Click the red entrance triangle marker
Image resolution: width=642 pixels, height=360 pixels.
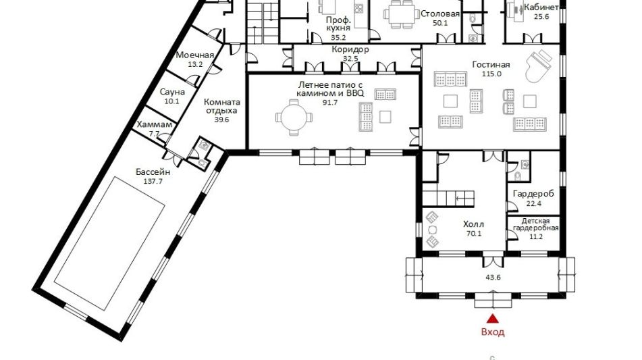tap(493, 318)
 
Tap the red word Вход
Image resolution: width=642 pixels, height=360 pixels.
tap(493, 332)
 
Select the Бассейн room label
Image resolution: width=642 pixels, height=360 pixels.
tap(153, 172)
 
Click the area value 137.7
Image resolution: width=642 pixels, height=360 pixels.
tap(153, 182)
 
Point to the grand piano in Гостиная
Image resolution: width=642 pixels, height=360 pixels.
tap(539, 66)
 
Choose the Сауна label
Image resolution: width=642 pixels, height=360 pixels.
tap(172, 92)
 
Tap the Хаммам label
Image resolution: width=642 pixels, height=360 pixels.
tap(155, 124)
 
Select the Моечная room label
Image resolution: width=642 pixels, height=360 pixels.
tap(195, 55)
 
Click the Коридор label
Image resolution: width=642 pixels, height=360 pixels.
tap(350, 49)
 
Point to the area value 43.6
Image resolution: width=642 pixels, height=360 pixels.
tap(493, 278)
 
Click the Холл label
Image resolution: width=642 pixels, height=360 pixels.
tap(473, 224)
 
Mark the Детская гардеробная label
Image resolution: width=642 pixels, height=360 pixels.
tap(535, 225)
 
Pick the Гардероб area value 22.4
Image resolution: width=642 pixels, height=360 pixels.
tap(533, 203)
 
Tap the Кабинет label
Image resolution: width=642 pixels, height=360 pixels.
tap(541, 8)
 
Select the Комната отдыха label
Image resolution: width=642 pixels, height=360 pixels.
tap(222, 106)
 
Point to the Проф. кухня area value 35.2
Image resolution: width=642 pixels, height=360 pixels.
tap(339, 38)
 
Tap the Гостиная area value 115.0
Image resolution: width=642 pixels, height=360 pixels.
tap(491, 74)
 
